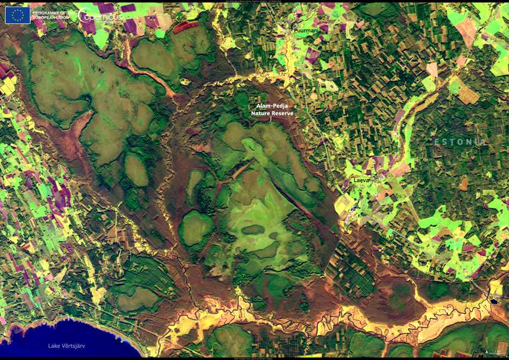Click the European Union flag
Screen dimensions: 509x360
click(18, 15)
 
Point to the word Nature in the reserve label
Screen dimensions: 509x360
click(262, 114)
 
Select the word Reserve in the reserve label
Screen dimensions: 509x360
click(284, 114)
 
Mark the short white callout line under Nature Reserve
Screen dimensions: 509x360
click(271, 119)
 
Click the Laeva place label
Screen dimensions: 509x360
click(362, 180)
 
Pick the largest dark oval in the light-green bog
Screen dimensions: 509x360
click(253, 230)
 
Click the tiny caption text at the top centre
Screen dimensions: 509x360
click(254, 2)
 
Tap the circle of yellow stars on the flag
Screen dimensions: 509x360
click(18, 15)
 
